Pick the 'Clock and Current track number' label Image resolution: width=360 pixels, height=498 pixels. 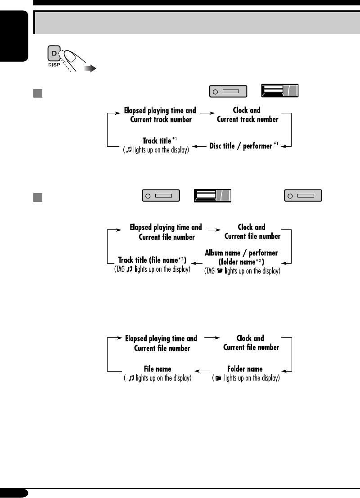[x=247, y=115]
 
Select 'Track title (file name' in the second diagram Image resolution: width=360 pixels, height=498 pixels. [x=152, y=260]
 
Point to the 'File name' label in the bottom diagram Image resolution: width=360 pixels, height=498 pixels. [x=157, y=369]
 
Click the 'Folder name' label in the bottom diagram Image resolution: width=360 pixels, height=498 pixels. [x=245, y=369]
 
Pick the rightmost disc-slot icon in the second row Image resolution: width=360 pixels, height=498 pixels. [x=303, y=196]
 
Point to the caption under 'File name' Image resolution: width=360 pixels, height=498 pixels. [x=158, y=378]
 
